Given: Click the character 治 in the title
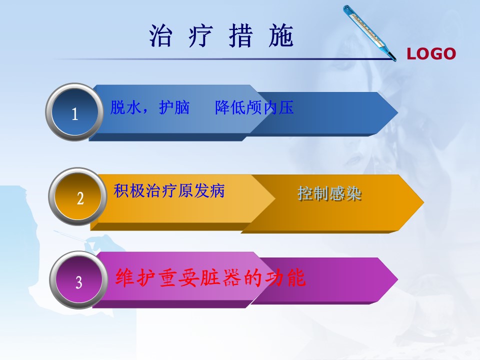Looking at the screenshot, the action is click(x=160, y=35).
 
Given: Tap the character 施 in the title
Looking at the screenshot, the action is click(x=281, y=35).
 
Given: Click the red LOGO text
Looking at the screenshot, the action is click(x=431, y=54).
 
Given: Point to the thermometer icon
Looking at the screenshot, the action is click(x=369, y=33).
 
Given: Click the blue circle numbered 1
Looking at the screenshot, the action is click(x=74, y=112).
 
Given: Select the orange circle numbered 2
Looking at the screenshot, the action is click(x=78, y=196).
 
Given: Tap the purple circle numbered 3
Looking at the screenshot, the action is click(x=78, y=280).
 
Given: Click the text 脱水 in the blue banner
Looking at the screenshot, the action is click(x=126, y=107).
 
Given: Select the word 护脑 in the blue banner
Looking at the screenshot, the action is click(x=174, y=107).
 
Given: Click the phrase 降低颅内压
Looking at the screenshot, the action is click(x=254, y=107).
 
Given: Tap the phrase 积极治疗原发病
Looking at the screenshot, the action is click(x=169, y=190).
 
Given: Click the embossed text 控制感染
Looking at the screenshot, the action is click(x=329, y=194).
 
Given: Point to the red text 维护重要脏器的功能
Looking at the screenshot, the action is click(x=210, y=277).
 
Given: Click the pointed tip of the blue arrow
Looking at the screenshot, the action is click(x=397, y=112).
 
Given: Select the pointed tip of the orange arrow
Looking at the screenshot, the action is click(x=423, y=202).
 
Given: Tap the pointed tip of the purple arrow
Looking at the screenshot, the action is click(x=397, y=279).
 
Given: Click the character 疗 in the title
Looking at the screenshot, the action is click(x=200, y=35).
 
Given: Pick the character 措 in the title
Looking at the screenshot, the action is click(x=241, y=35).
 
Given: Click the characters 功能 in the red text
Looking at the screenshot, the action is click(x=285, y=277).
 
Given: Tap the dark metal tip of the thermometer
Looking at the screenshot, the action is click(x=393, y=57).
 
